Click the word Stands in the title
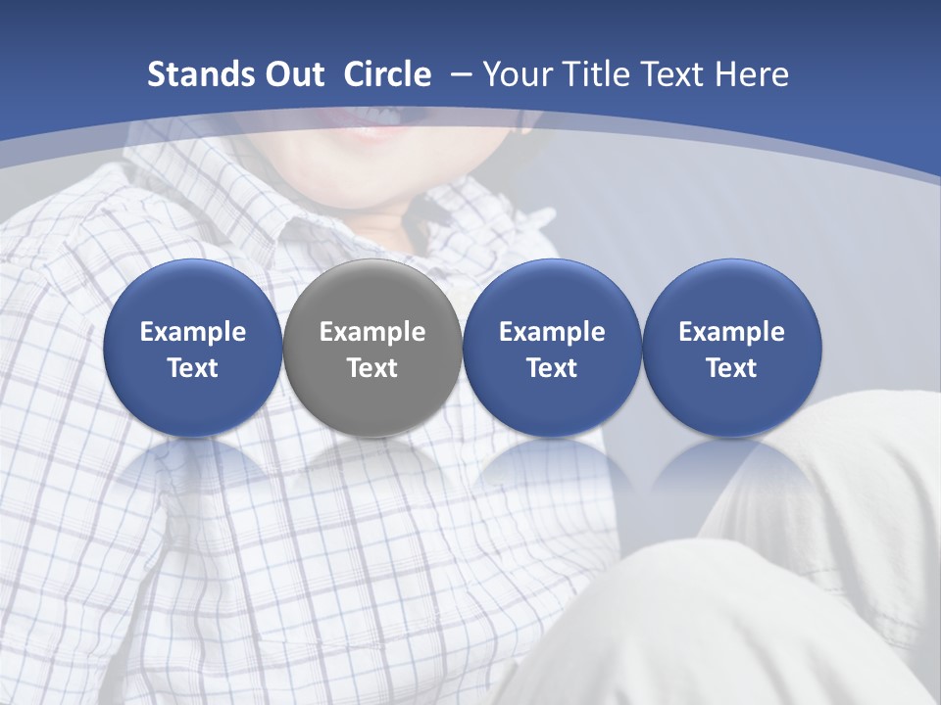click(x=192, y=74)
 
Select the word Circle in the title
click(x=387, y=74)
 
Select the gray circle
click(x=371, y=349)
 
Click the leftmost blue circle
click(x=192, y=349)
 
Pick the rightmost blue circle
click(x=731, y=349)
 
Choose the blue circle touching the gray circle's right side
click(x=552, y=349)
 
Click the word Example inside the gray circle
click(x=372, y=332)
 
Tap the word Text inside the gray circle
click(x=372, y=368)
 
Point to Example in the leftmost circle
click(x=193, y=332)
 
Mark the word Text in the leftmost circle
click(x=193, y=368)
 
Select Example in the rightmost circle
click(x=731, y=332)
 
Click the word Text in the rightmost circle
click(x=731, y=368)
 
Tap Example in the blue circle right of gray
click(x=552, y=332)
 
